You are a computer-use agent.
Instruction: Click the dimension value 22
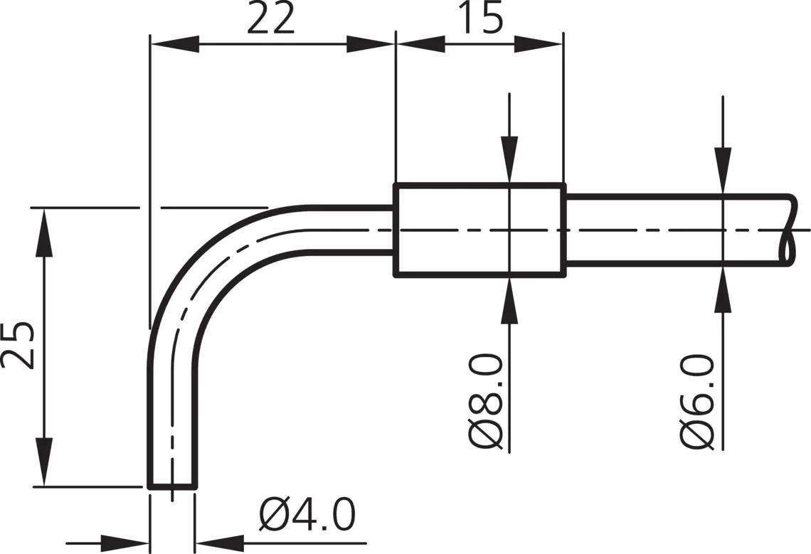point(271,17)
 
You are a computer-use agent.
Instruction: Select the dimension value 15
point(480,17)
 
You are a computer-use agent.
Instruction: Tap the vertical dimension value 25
point(18,345)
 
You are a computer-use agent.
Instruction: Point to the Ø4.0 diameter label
point(307,515)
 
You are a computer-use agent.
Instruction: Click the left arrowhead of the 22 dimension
point(174,44)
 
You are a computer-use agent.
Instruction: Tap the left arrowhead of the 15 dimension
point(420,44)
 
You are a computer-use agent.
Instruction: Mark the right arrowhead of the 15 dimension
point(538,44)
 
